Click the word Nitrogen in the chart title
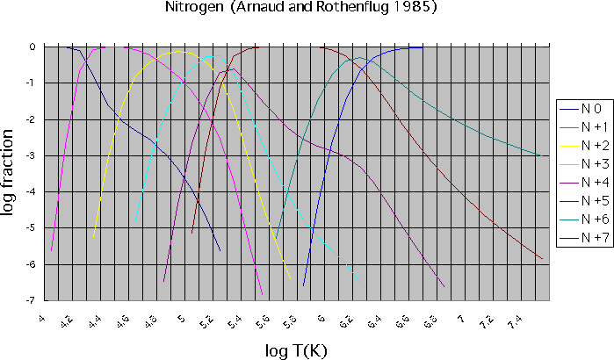(x=193, y=9)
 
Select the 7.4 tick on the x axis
(x=515, y=322)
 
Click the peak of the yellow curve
(x=179, y=52)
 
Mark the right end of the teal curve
(x=540, y=155)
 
